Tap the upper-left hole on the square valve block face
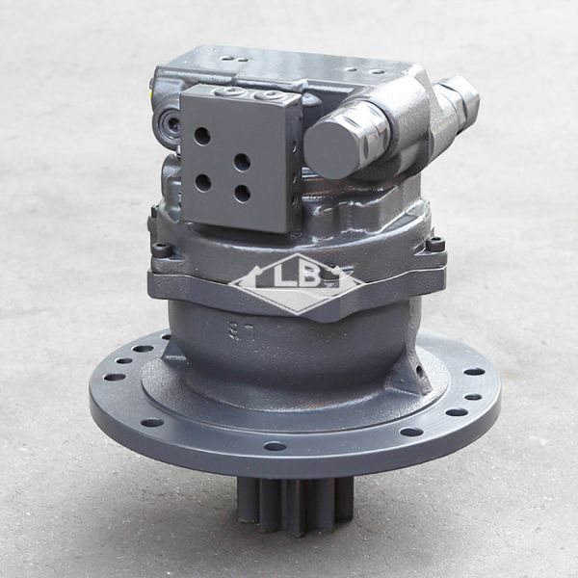click(202, 136)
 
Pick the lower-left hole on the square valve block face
click(202, 181)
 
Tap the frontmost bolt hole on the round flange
click(275, 446)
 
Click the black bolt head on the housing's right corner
click(435, 245)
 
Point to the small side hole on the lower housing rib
click(419, 371)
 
